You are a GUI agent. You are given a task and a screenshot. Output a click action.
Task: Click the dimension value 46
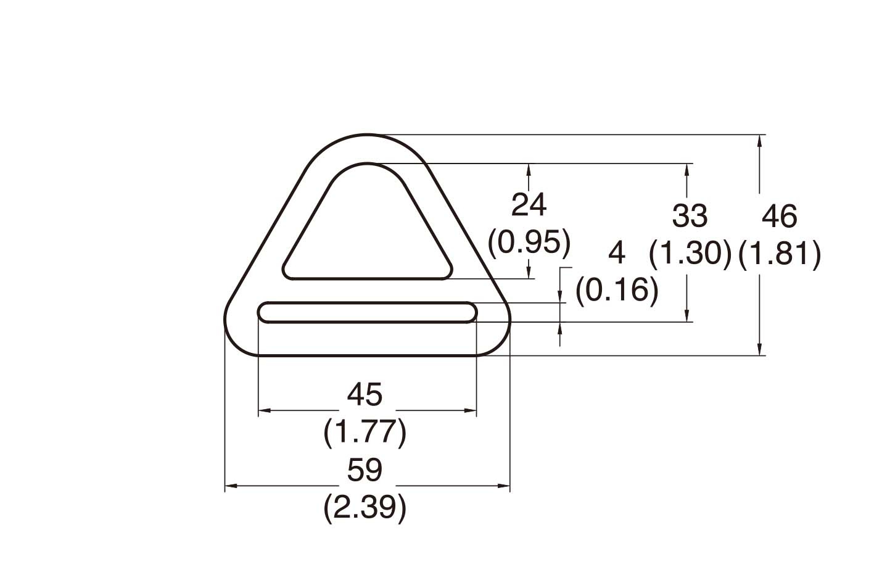tap(780, 217)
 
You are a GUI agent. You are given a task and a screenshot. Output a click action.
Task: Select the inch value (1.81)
tap(780, 254)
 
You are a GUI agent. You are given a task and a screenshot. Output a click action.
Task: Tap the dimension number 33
tap(690, 217)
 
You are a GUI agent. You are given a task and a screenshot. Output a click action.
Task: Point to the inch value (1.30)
tap(690, 254)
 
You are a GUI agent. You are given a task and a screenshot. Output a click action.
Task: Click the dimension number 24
tap(529, 205)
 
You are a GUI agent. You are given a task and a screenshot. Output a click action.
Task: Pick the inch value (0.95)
tap(529, 243)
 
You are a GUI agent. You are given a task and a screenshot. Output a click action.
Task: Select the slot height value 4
tap(617, 253)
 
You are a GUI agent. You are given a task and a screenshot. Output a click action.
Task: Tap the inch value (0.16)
tap(617, 291)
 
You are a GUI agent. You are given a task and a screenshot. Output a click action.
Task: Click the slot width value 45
tap(365, 395)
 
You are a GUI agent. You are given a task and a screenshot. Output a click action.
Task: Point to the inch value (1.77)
tap(365, 433)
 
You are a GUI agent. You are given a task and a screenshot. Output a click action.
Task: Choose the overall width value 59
tap(365, 471)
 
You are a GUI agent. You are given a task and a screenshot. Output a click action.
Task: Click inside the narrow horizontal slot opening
tap(368, 312)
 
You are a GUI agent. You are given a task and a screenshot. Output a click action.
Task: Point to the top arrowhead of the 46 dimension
tap(760, 139)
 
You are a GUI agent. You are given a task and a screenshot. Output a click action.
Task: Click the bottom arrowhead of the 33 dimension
tap(686, 317)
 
